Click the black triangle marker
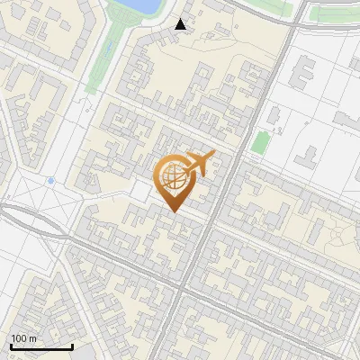(181, 24)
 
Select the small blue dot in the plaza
(51, 181)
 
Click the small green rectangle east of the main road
(259, 142)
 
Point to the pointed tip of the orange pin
(173, 211)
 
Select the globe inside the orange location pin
(171, 177)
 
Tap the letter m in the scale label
(33, 338)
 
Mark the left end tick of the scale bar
(11, 346)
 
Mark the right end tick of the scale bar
(72, 346)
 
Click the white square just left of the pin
(139, 190)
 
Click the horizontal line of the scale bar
(41, 346)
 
